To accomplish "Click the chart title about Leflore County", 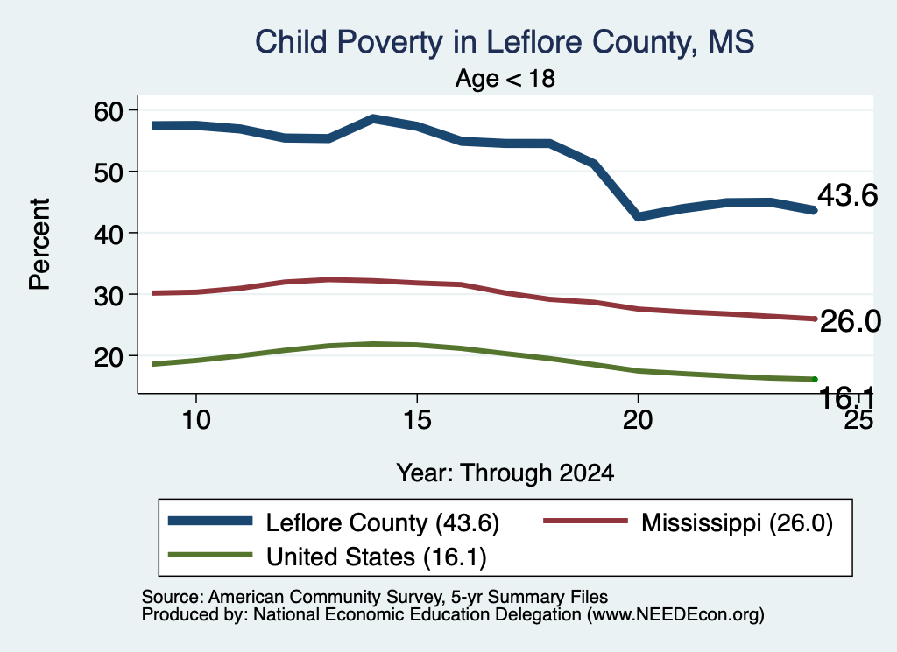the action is (x=505, y=42).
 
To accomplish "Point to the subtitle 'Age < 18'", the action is (x=505, y=78).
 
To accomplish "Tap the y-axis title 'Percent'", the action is (x=39, y=244).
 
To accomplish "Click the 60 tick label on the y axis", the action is (x=109, y=110).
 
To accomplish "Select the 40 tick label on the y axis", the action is (x=109, y=233).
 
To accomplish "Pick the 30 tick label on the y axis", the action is (x=109, y=295).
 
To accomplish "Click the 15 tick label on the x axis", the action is (x=417, y=420).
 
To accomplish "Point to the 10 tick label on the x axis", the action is (x=196, y=420).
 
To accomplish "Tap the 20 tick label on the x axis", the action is (x=638, y=420).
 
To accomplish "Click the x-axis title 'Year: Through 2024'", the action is (x=505, y=473).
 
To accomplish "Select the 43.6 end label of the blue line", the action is (x=847, y=195).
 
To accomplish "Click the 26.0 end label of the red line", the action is (x=851, y=321).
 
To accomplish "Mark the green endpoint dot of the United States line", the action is (x=815, y=380).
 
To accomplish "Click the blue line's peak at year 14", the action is (x=373, y=119).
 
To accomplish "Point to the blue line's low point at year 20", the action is (x=638, y=216).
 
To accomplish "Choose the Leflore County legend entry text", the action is (x=383, y=522).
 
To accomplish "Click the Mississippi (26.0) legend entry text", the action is (x=737, y=522).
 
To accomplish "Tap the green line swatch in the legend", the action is (x=210, y=555).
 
